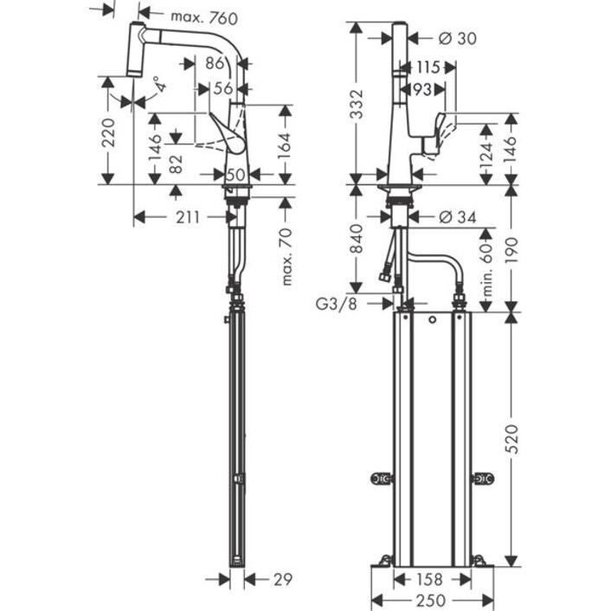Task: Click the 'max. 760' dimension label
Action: [203, 16]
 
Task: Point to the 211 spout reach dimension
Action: [185, 217]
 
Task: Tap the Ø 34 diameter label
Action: [457, 217]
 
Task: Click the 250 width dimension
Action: [433, 600]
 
